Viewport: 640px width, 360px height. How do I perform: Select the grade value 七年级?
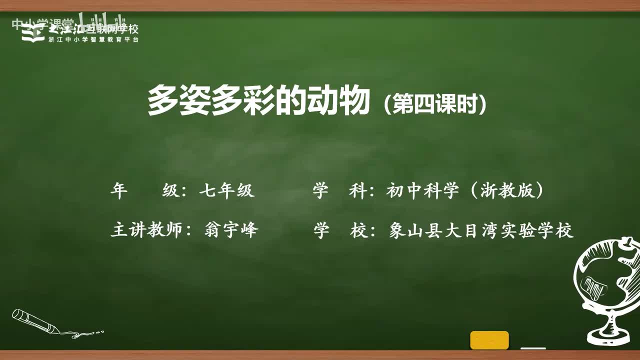click(x=226, y=191)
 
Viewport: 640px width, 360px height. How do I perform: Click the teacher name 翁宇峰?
click(x=231, y=230)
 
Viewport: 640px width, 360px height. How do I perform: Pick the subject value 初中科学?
click(x=422, y=191)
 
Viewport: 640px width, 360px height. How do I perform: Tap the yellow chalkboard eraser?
click(x=489, y=340)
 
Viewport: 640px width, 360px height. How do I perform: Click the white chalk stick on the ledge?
click(x=533, y=348)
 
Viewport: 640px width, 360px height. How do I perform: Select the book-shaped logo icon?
click(x=33, y=33)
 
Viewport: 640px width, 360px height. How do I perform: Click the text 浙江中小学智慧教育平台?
click(x=93, y=39)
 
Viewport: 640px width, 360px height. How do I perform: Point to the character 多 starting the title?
click(x=163, y=101)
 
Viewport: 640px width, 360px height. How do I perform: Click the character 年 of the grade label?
click(x=119, y=191)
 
